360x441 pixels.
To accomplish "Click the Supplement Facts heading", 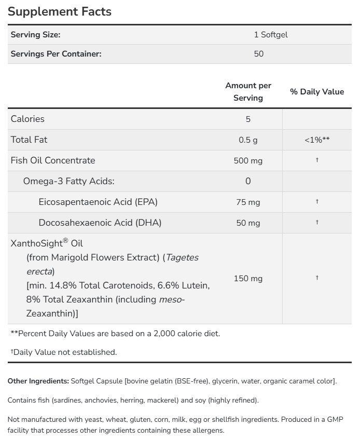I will [60, 11].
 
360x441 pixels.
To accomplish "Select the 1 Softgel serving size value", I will [270, 35].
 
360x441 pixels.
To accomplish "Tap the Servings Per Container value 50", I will [259, 54].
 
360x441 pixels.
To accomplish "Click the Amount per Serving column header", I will [248, 91].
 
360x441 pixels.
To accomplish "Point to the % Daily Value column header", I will [317, 92].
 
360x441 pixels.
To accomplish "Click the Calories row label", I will [27, 119].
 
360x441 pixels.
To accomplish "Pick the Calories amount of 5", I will [248, 119].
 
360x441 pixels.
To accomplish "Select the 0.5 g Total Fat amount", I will [248, 140].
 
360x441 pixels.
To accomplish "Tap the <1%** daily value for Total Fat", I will [317, 140].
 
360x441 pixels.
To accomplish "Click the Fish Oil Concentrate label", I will [53, 160].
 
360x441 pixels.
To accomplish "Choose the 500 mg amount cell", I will [248, 161].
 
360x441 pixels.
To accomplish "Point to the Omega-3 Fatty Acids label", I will [68, 181].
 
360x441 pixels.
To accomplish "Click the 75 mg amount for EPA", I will [248, 202].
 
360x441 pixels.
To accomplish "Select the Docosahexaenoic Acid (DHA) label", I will [100, 223].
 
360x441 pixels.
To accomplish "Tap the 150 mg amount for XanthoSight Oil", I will [248, 279].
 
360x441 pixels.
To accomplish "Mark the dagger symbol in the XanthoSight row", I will [317, 278].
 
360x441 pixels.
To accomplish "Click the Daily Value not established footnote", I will [64, 352].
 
